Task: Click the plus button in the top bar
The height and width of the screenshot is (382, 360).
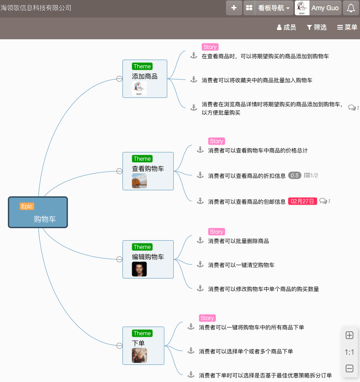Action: click(x=234, y=8)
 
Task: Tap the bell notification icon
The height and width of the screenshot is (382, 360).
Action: click(x=351, y=8)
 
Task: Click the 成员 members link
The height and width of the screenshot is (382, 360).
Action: click(x=287, y=27)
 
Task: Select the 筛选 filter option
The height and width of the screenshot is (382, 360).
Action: click(x=317, y=27)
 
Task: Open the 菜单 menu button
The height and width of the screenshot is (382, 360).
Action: click(x=347, y=27)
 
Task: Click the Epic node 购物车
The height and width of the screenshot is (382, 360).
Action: click(x=38, y=212)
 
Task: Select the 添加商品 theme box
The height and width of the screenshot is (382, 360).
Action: click(x=145, y=78)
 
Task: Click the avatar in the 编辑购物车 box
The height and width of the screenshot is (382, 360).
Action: click(x=139, y=269)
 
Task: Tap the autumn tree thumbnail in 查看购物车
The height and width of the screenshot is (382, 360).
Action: click(x=139, y=181)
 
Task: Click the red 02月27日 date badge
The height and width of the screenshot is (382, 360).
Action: click(x=303, y=201)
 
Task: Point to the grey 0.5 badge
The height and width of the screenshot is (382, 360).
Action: click(x=294, y=175)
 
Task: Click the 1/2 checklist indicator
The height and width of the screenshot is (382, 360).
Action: click(x=311, y=175)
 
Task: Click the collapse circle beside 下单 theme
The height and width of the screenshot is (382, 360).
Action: click(x=119, y=346)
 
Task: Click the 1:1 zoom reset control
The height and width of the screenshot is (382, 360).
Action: click(x=349, y=352)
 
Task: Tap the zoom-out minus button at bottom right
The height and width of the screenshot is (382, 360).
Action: click(x=349, y=369)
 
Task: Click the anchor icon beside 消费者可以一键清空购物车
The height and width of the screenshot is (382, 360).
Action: click(x=200, y=264)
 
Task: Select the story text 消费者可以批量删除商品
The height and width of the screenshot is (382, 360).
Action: click(x=238, y=241)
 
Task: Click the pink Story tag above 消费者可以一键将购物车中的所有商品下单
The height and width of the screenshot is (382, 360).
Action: click(x=207, y=318)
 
